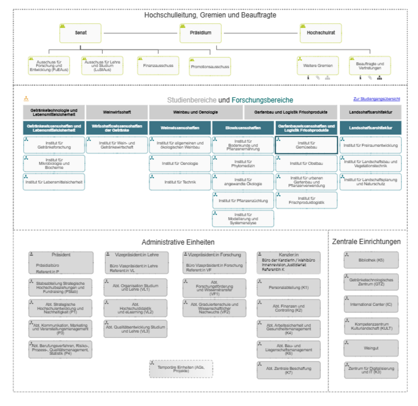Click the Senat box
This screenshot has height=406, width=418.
[80, 33]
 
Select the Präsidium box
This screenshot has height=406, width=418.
[200, 33]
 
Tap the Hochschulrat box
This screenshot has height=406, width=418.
[321, 33]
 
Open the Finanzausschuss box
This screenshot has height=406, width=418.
[158, 66]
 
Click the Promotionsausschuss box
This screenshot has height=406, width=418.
[210, 67]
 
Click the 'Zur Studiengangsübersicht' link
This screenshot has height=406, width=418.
[376, 99]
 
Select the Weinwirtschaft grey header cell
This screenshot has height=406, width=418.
[117, 112]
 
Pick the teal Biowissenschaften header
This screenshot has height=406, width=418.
[243, 128]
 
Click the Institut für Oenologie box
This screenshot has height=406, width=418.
[180, 163]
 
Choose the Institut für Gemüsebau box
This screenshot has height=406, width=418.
[306, 145]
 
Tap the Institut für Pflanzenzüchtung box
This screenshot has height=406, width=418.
[243, 201]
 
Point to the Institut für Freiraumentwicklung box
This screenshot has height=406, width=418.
[371, 145]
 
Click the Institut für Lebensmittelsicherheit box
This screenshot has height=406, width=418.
[54, 182]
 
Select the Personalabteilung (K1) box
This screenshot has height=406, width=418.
[288, 288]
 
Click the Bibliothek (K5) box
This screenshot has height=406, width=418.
[371, 260]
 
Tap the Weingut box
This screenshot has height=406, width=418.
[371, 348]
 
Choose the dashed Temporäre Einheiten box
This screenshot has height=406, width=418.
[181, 369]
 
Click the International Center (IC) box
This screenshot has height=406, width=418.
[371, 304]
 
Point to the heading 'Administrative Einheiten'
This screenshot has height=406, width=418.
[178, 242]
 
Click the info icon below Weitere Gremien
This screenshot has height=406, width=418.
[308, 78]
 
